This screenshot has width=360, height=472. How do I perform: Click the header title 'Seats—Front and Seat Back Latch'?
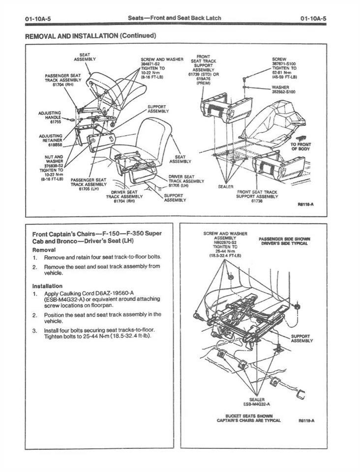174,18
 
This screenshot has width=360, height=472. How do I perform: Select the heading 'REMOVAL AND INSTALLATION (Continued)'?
90,35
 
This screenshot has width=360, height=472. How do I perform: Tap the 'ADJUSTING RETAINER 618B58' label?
51,140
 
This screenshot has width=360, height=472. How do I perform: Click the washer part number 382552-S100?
284,91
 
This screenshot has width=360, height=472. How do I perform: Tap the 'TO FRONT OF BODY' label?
300,147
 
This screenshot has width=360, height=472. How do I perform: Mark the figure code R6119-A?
307,420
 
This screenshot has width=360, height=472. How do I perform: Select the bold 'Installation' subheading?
47,286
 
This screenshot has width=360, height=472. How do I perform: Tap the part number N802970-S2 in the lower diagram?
225,243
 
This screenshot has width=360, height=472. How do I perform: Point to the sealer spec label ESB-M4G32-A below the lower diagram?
258,404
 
